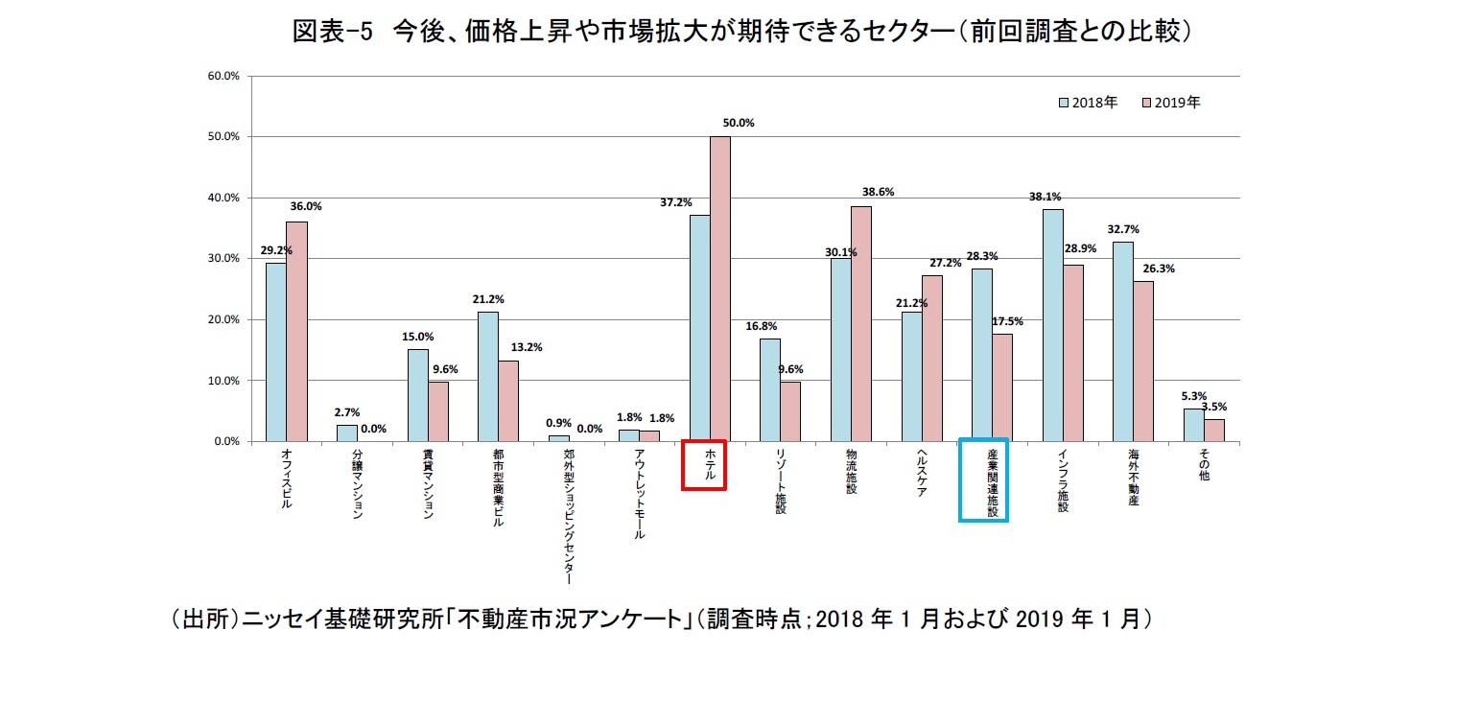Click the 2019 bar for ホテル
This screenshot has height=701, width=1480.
click(x=719, y=289)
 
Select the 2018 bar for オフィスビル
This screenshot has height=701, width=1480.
click(x=275, y=352)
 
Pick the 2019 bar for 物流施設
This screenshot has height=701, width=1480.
click(x=860, y=323)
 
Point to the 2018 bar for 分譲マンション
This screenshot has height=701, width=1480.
click(x=346, y=432)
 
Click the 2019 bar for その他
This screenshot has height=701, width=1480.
click(x=1213, y=430)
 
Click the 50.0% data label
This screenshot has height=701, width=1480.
click(x=740, y=123)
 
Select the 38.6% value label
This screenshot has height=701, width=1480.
click(x=879, y=192)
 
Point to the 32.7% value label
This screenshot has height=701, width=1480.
click(x=1122, y=229)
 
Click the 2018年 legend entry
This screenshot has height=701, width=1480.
click(x=1088, y=103)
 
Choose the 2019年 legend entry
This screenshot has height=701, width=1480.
click(x=1171, y=103)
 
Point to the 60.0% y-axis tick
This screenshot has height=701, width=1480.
click(x=223, y=76)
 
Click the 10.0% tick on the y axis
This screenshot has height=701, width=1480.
click(x=223, y=381)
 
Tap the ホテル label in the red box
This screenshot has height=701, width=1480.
click(x=703, y=464)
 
